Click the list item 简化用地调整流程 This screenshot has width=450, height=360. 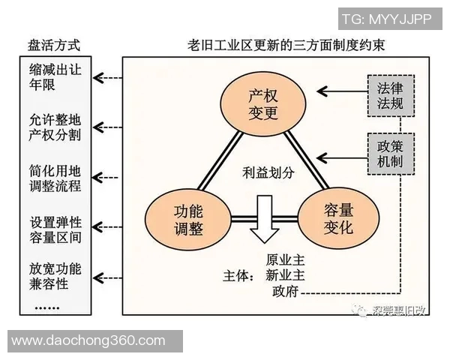[x=55, y=176]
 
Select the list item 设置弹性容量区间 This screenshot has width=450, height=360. [x=55, y=229]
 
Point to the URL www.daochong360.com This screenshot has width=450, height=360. [x=88, y=340]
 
